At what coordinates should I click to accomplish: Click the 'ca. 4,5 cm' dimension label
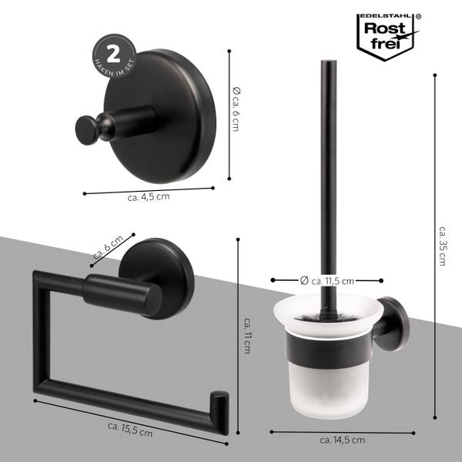[x=148, y=197]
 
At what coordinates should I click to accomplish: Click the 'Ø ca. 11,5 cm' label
[x=326, y=281]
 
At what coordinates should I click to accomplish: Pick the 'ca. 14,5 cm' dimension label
[x=342, y=440]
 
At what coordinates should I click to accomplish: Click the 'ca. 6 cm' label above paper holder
[x=108, y=248]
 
